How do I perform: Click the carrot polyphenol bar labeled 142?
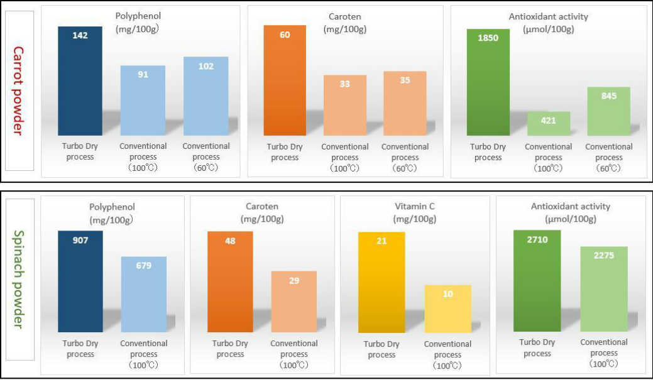(80, 82)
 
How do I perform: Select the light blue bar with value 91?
(143, 100)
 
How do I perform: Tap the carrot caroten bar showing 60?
(285, 82)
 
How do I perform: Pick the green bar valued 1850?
(488, 82)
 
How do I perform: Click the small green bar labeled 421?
(549, 124)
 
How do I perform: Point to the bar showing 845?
(608, 111)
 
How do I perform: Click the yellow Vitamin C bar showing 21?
(381, 283)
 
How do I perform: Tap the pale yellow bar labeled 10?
(448, 308)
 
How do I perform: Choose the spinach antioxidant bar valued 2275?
(604, 289)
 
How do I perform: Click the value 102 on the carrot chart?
(206, 67)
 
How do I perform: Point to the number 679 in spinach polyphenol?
(144, 266)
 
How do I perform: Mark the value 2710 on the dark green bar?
(537, 240)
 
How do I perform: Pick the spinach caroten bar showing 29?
(294, 301)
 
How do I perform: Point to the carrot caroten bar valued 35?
(405, 104)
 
